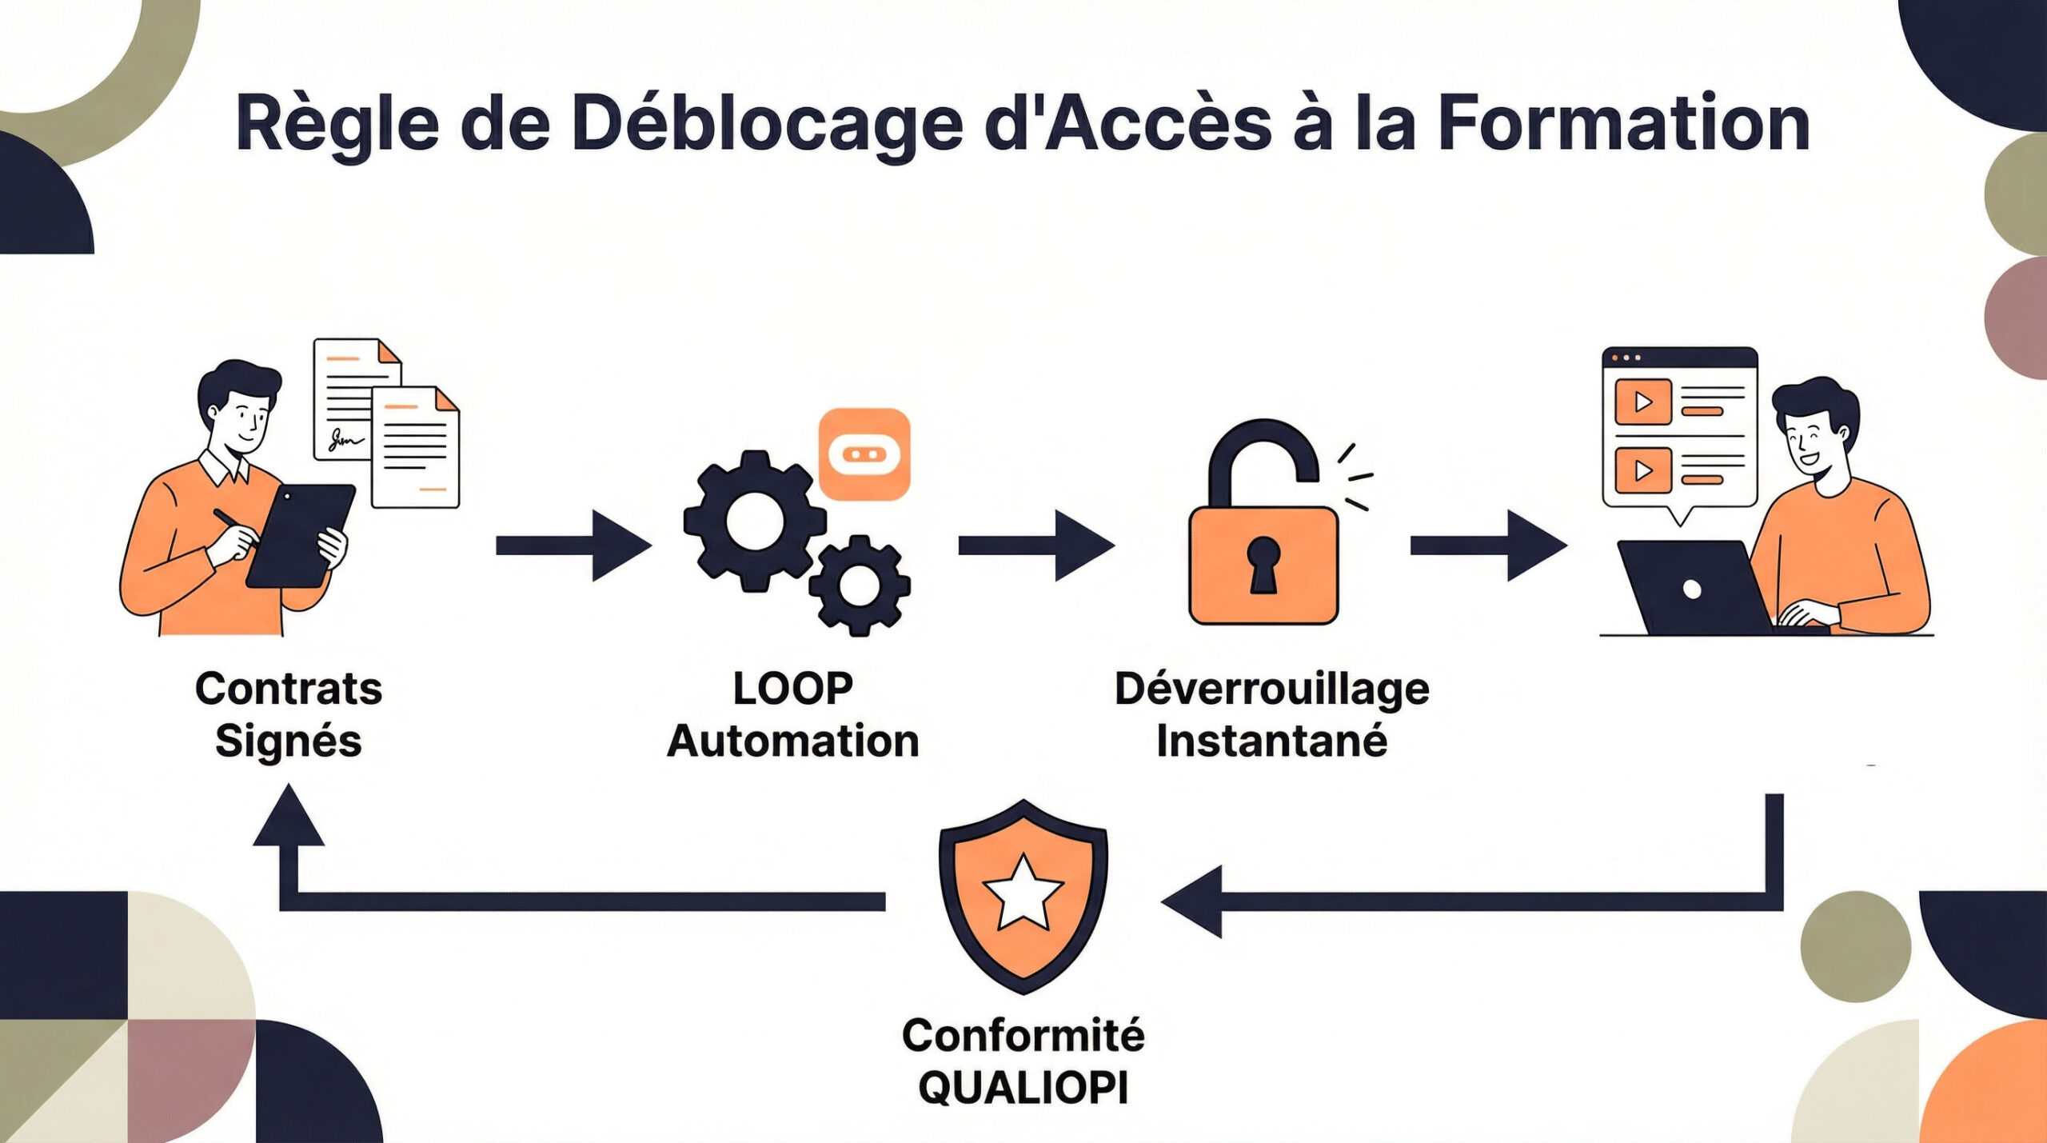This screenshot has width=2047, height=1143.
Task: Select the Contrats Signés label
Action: click(289, 714)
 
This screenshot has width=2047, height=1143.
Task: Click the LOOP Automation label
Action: click(792, 714)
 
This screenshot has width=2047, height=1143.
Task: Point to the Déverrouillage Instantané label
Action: click(1271, 714)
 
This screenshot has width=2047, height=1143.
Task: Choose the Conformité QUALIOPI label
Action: click(1023, 1061)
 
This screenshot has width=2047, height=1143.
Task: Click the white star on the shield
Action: click(1023, 893)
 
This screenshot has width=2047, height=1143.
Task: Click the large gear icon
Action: click(754, 521)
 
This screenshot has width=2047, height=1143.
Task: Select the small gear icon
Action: click(859, 585)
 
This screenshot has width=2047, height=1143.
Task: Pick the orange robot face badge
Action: click(864, 454)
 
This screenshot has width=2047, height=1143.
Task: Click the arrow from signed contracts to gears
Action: click(573, 546)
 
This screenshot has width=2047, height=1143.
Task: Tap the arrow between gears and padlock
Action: click(1035, 546)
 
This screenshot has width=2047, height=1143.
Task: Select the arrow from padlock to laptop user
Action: click(1487, 546)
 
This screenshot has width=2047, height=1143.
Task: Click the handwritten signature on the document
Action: click(345, 439)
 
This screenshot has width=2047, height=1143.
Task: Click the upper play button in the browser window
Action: click(1643, 402)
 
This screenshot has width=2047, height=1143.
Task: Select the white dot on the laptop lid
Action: click(1692, 589)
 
